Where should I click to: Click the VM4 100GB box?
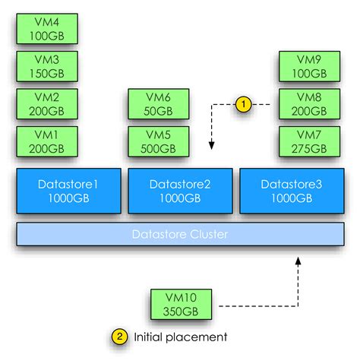(x=47, y=27)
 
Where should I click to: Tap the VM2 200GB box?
(x=47, y=103)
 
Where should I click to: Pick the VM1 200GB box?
(x=47, y=141)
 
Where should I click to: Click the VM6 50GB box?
(x=159, y=103)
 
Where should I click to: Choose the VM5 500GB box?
(x=159, y=141)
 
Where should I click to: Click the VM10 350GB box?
(x=181, y=305)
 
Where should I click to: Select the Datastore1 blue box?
(x=68, y=191)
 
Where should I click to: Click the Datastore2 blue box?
(x=180, y=191)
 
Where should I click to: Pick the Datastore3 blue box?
(x=291, y=191)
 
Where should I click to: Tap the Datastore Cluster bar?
(x=180, y=234)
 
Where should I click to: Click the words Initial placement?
(x=180, y=336)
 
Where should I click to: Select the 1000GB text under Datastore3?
(x=291, y=199)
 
